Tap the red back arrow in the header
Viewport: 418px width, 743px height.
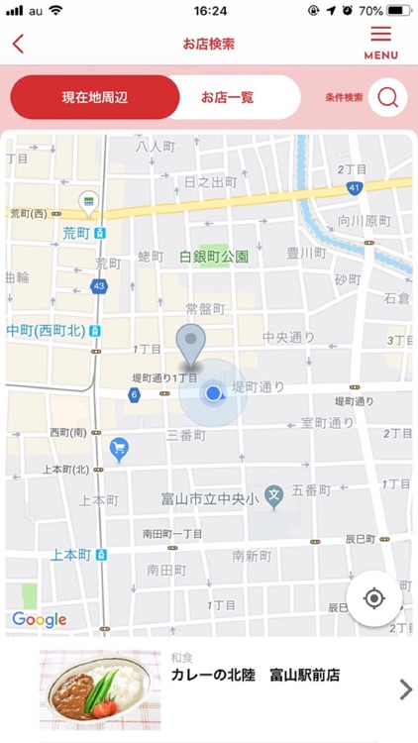click(18, 44)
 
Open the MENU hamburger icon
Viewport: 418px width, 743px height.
click(380, 41)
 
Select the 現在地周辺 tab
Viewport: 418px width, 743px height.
click(95, 97)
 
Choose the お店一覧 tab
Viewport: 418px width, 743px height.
click(227, 97)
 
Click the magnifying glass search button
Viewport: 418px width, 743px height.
click(388, 97)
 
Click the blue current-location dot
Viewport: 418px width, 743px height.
click(213, 394)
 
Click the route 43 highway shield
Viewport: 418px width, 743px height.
click(98, 286)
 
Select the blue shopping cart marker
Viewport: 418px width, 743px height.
click(120, 449)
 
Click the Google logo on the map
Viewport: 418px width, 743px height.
click(40, 620)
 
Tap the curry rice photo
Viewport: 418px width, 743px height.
click(100, 690)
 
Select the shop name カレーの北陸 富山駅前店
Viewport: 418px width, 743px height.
click(255, 676)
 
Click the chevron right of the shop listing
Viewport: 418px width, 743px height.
click(404, 690)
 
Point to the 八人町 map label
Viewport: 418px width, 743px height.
click(155, 146)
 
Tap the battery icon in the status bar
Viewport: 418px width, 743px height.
click(398, 11)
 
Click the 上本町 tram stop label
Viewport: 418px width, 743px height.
click(71, 555)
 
